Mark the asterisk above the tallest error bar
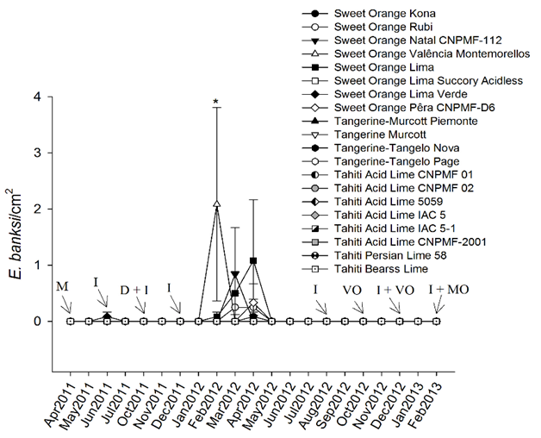tap(217, 102)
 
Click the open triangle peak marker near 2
tap(217, 204)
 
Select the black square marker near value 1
tap(253, 260)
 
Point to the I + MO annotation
tap(448, 290)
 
